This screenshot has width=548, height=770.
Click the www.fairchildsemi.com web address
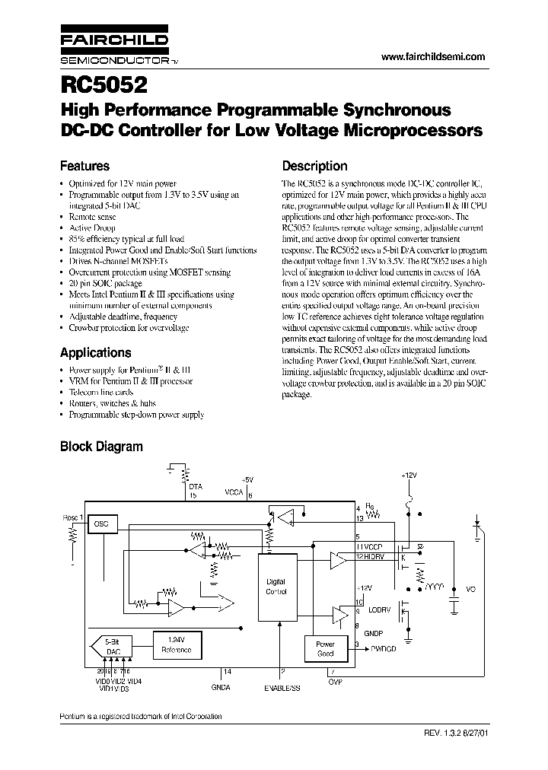pyautogui.click(x=432, y=58)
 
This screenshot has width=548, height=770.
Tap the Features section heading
pyautogui.click(x=84, y=166)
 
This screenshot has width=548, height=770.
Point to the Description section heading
pyautogui.click(x=314, y=166)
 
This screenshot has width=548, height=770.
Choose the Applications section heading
pyautogui.click(x=95, y=353)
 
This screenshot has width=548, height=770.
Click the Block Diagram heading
pyautogui.click(x=101, y=447)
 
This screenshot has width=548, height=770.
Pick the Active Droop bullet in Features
pyautogui.click(x=92, y=228)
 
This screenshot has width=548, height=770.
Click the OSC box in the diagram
pyautogui.click(x=102, y=525)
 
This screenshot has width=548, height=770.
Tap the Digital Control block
pyautogui.click(x=276, y=586)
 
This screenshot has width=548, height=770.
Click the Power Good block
pyautogui.click(x=325, y=648)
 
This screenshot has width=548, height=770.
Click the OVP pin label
pyautogui.click(x=335, y=682)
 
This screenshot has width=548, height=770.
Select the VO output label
pyautogui.click(x=470, y=590)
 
